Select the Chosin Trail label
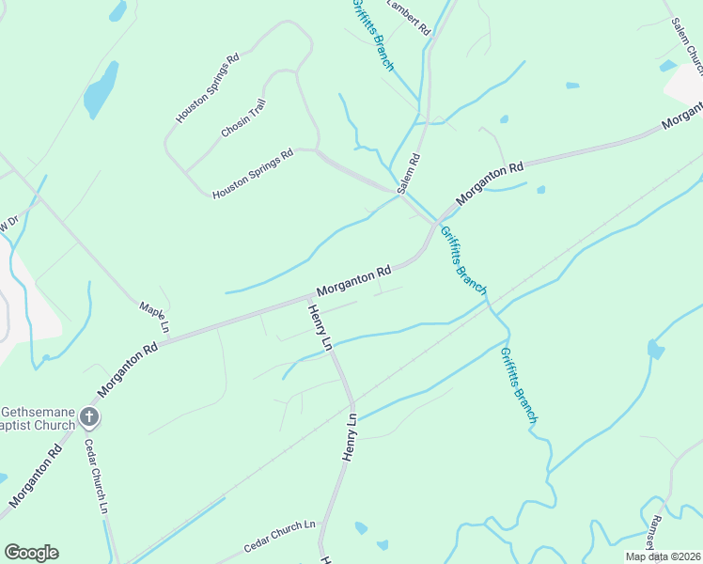tap(243, 118)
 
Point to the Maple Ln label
tap(152, 317)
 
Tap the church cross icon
tap(89, 415)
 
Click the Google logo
tap(31, 553)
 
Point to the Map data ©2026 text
tap(664, 556)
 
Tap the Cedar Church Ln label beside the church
tap(97, 477)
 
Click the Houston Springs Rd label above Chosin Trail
tap(208, 87)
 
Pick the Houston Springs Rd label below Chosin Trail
tap(253, 173)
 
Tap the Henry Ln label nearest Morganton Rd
tap(320, 326)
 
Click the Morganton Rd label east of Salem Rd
tap(490, 184)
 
